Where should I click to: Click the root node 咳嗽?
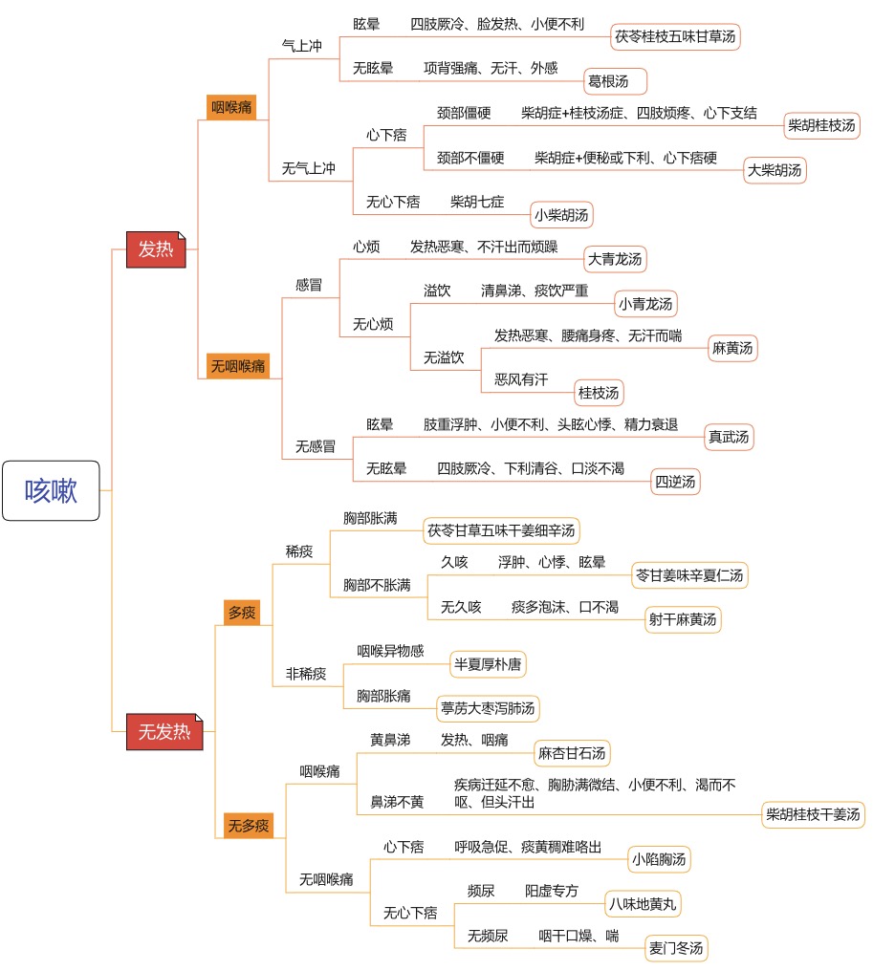coord(51,490)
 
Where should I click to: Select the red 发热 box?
coord(156,249)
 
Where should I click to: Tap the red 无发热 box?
coord(164,732)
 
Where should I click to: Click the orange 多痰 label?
coord(242,613)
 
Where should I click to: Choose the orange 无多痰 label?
coord(249,826)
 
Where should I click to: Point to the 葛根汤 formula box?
coord(615,81)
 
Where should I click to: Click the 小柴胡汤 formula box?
coord(562,215)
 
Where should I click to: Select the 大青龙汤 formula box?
coord(615,259)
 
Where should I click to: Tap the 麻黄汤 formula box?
coord(732,348)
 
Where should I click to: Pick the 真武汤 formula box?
coord(729,437)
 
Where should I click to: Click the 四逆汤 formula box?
coord(675,482)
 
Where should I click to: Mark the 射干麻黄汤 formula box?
coord(683,619)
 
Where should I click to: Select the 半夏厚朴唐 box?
coord(488,664)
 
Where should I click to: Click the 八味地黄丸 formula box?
coord(643,904)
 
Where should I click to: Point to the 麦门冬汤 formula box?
coord(676,948)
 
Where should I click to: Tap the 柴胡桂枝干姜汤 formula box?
coord(813,814)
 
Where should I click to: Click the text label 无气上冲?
coord(309,168)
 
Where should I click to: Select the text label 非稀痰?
coord(306,674)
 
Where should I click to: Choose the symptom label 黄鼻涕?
coord(390,740)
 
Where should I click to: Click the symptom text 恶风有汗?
coord(521,379)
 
